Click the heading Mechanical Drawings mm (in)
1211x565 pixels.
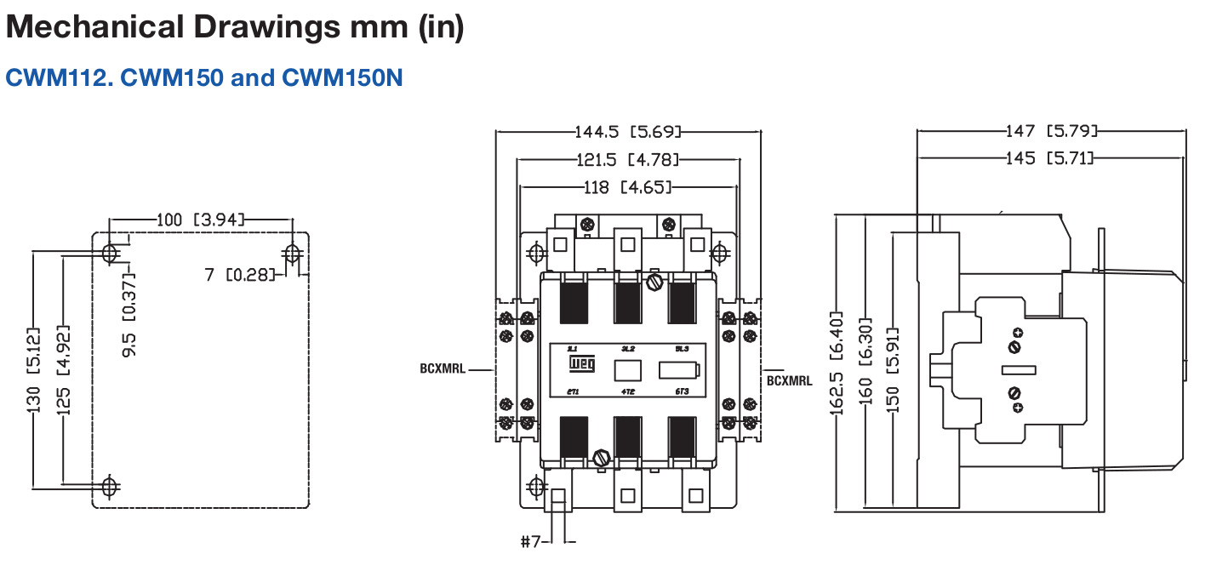coord(235,27)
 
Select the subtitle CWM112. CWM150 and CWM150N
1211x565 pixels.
coord(204,78)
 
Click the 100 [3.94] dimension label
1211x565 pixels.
coord(200,220)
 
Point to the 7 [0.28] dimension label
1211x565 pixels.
coord(241,274)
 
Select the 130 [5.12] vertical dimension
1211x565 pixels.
coord(34,369)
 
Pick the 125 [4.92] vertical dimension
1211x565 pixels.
coord(64,369)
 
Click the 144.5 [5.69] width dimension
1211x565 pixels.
coord(628,132)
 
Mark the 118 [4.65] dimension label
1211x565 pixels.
coord(628,186)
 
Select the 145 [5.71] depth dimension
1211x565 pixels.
coord(1048,158)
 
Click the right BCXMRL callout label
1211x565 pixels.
coord(789,380)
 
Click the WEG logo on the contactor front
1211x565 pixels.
coord(581,368)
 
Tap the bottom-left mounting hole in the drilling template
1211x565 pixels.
coord(109,486)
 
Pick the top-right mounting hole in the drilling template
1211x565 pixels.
coord(292,253)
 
